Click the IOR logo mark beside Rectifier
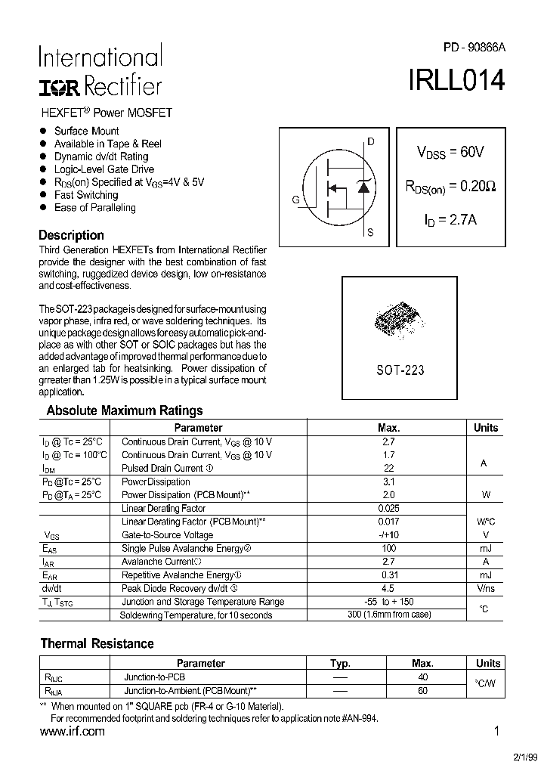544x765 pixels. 58,88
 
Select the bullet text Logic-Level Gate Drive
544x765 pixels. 104,169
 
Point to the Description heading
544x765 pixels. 71,235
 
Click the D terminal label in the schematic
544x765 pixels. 370,141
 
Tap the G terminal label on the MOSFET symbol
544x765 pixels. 295,200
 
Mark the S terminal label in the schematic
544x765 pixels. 370,233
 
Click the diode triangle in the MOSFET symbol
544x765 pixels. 363,187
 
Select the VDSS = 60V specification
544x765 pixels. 450,152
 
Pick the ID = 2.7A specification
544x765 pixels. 450,220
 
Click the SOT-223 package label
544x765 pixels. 400,370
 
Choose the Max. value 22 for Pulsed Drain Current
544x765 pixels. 388,468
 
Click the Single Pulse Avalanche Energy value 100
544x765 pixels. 388,548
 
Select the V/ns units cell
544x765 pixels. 486,588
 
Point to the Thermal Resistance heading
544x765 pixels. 97,644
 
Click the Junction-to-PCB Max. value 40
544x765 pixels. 422,677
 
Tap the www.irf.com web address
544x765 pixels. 72,732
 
